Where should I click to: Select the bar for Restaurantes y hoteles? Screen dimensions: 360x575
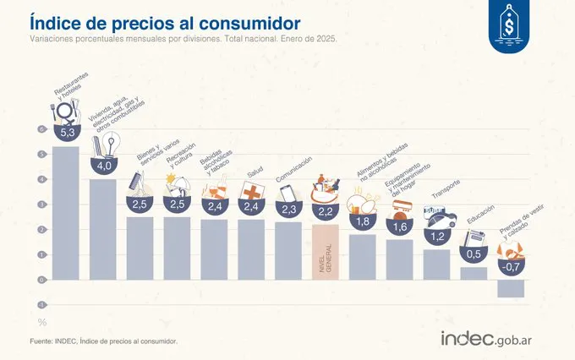point(66,211)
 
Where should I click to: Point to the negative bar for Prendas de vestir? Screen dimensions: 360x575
point(510,288)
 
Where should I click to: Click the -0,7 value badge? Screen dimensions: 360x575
point(510,266)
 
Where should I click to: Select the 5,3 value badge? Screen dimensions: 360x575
point(68,133)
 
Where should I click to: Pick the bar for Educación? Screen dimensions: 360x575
point(474,273)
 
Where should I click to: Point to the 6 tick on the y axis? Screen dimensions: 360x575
point(40,129)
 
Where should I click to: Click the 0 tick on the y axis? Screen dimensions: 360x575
point(40,280)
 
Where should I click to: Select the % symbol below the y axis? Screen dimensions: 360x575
point(41,322)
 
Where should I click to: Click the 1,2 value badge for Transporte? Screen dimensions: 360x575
point(437,237)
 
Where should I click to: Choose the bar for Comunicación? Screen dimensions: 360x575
point(288,250)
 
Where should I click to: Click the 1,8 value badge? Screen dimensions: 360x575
point(363,222)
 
